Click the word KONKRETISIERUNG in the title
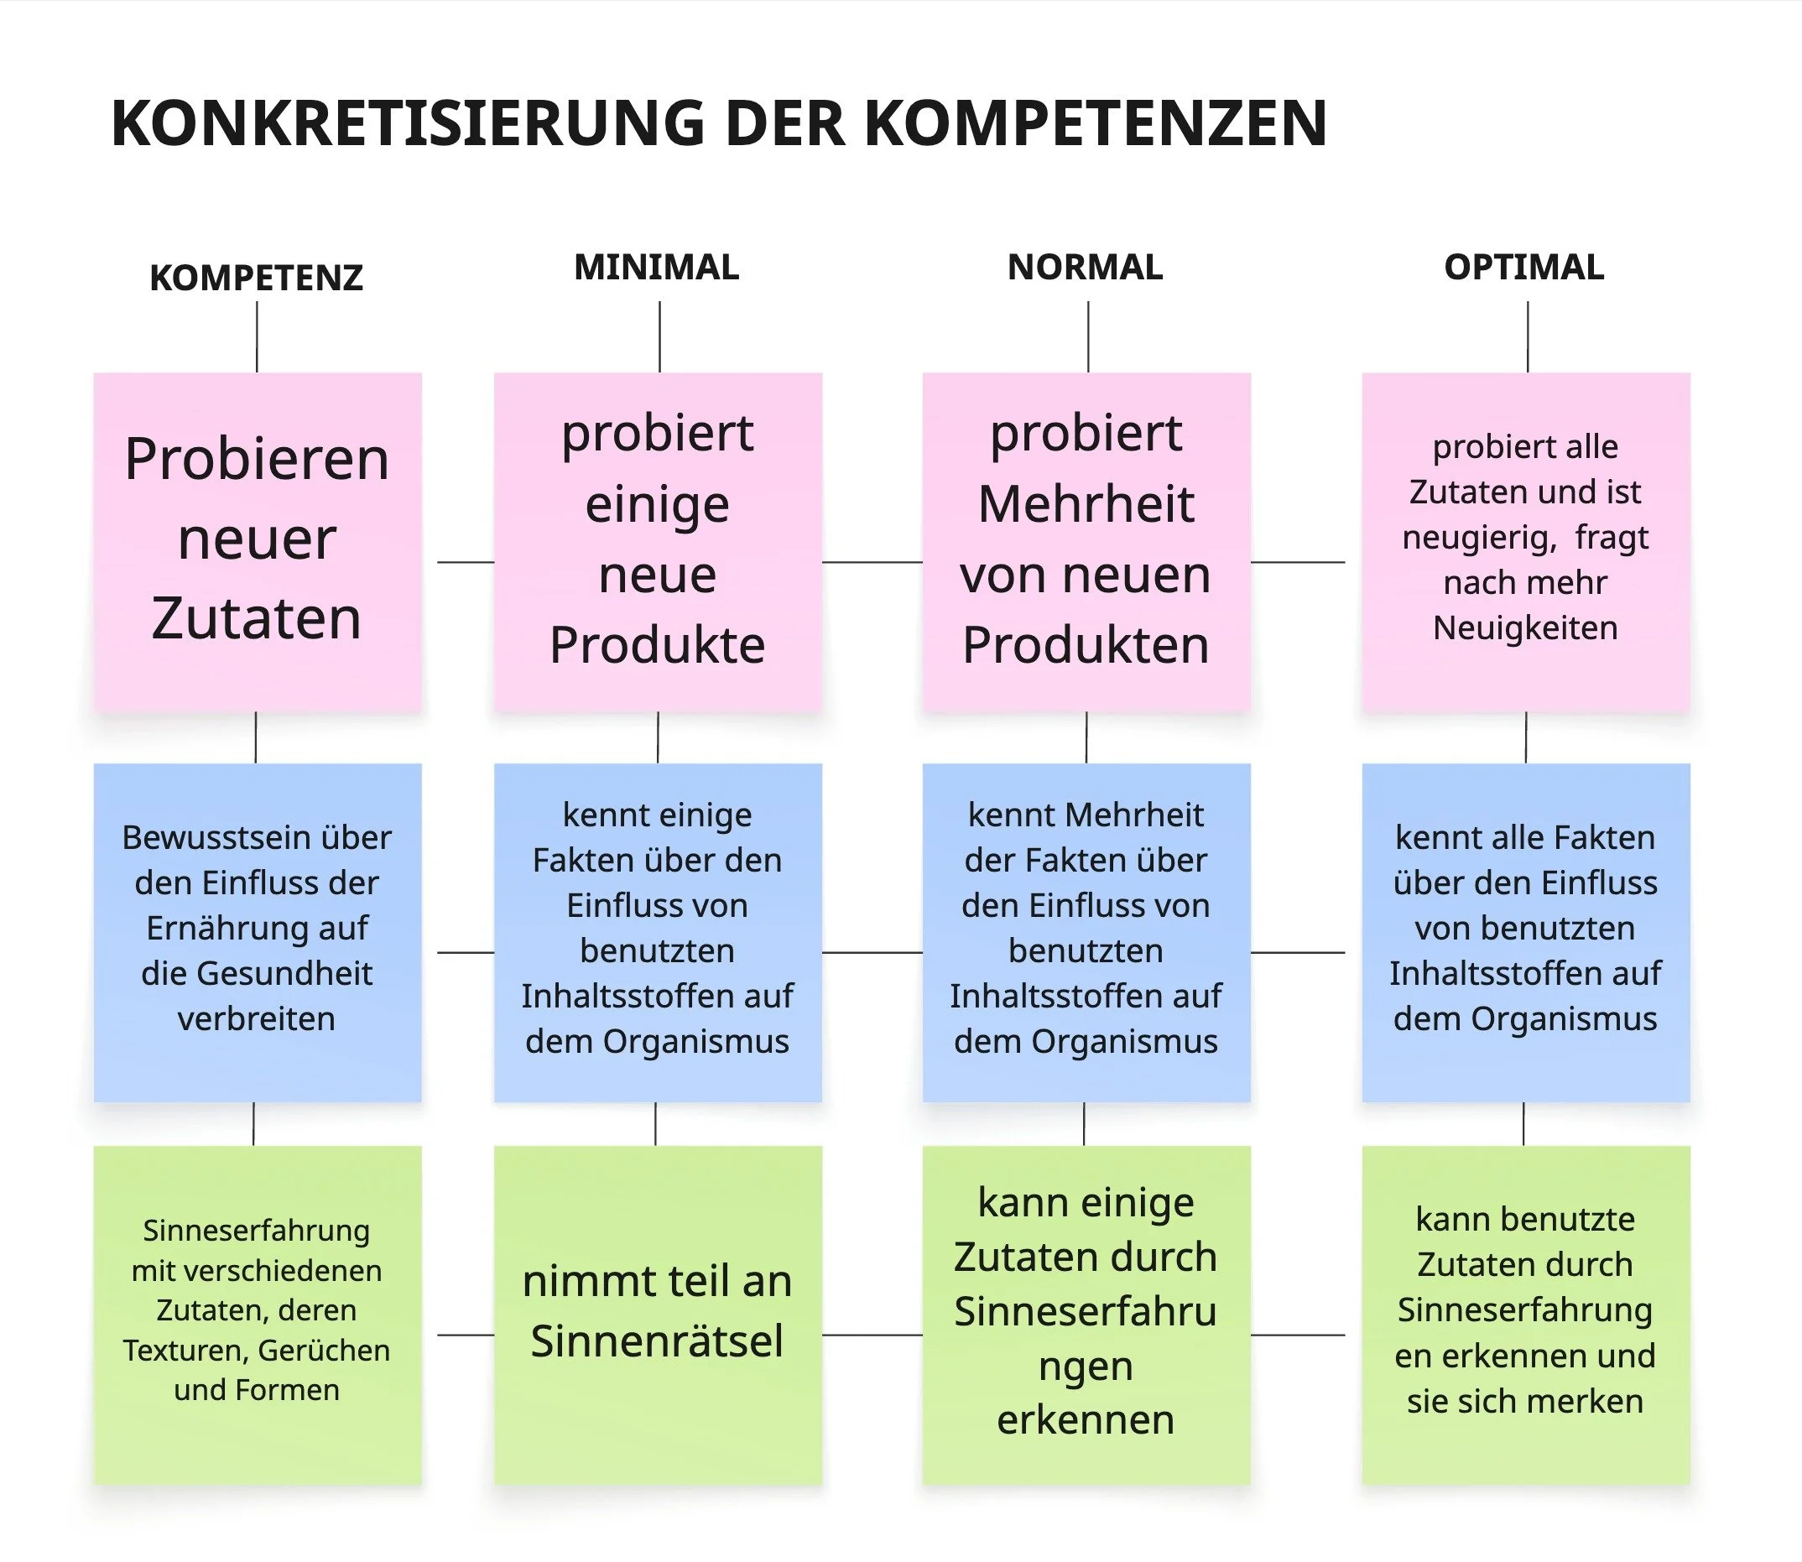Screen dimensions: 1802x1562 click(x=408, y=123)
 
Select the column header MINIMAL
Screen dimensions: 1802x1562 click(x=657, y=267)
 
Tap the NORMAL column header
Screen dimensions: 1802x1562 click(x=1085, y=267)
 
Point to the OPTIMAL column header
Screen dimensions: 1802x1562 click(x=1523, y=267)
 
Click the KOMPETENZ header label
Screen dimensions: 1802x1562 click(x=257, y=278)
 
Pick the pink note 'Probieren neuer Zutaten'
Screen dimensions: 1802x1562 click(x=258, y=540)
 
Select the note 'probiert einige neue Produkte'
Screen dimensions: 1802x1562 click(x=658, y=540)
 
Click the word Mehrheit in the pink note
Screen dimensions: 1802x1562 click(x=1086, y=504)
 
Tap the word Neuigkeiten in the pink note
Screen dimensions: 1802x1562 click(x=1525, y=627)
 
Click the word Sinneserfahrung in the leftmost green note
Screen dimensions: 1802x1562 click(x=257, y=1230)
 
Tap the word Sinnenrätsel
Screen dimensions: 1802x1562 click(x=657, y=1341)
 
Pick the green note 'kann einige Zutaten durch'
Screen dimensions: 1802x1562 click(x=1086, y=1314)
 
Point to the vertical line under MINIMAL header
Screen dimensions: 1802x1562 click(x=660, y=336)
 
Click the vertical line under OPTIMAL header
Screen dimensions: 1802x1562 click(x=1528, y=336)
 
